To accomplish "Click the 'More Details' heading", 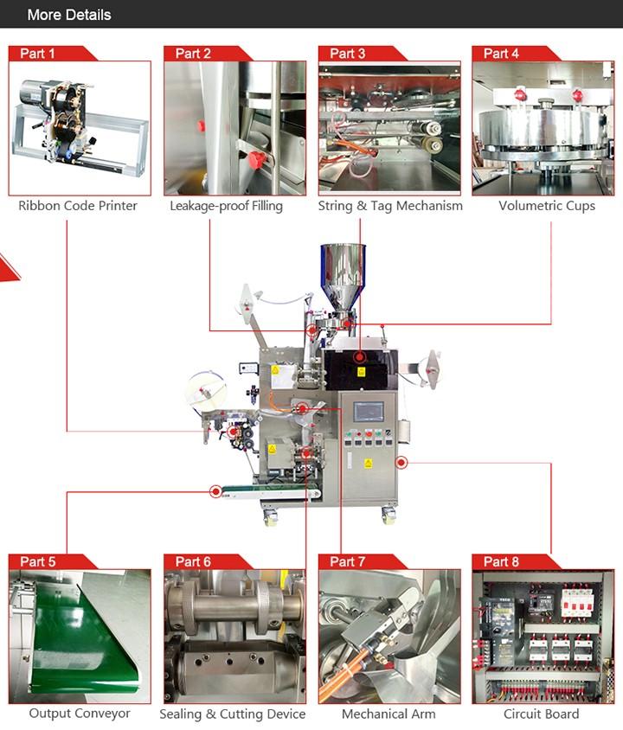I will (69, 15).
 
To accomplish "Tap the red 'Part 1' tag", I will (38, 54).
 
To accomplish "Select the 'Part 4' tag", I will (502, 54).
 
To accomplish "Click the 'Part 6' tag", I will (193, 562).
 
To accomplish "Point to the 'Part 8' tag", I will (502, 562).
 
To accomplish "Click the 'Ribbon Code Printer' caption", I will (78, 206).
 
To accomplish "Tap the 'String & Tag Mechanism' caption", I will (390, 206).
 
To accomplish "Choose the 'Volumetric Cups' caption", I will (547, 206).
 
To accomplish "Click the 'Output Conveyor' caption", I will (80, 714).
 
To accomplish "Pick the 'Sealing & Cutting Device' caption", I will (233, 714).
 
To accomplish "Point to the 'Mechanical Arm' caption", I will (389, 714).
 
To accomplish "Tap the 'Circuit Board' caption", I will (542, 714).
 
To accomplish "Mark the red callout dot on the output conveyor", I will (215, 492).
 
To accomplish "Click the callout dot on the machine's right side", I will (401, 462).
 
